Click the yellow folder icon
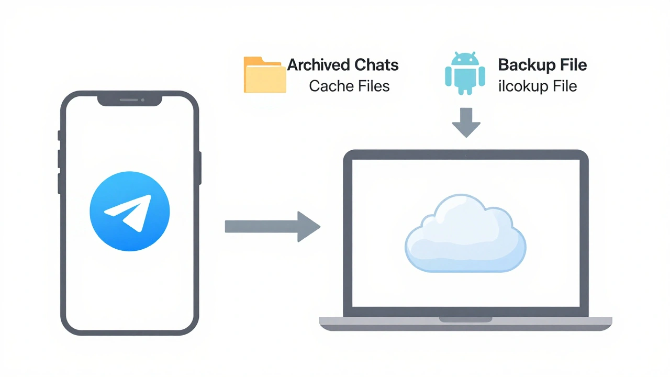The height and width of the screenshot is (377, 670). click(x=265, y=75)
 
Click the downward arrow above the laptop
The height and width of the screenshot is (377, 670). click(x=466, y=122)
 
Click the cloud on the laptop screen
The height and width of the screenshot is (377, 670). click(x=465, y=233)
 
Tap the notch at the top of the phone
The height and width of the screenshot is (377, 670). click(x=129, y=100)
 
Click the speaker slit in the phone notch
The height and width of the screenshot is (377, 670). click(x=129, y=100)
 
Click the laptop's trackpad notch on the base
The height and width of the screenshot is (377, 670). click(x=465, y=319)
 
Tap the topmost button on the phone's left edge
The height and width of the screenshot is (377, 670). click(x=59, y=136)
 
